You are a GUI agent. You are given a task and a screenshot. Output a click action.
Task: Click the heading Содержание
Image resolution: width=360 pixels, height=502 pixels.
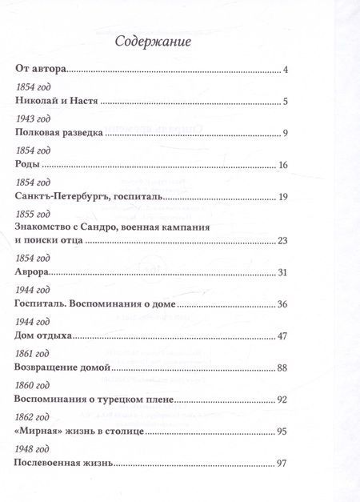152,41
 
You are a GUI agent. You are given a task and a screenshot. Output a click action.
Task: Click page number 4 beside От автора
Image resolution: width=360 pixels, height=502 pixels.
285,72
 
